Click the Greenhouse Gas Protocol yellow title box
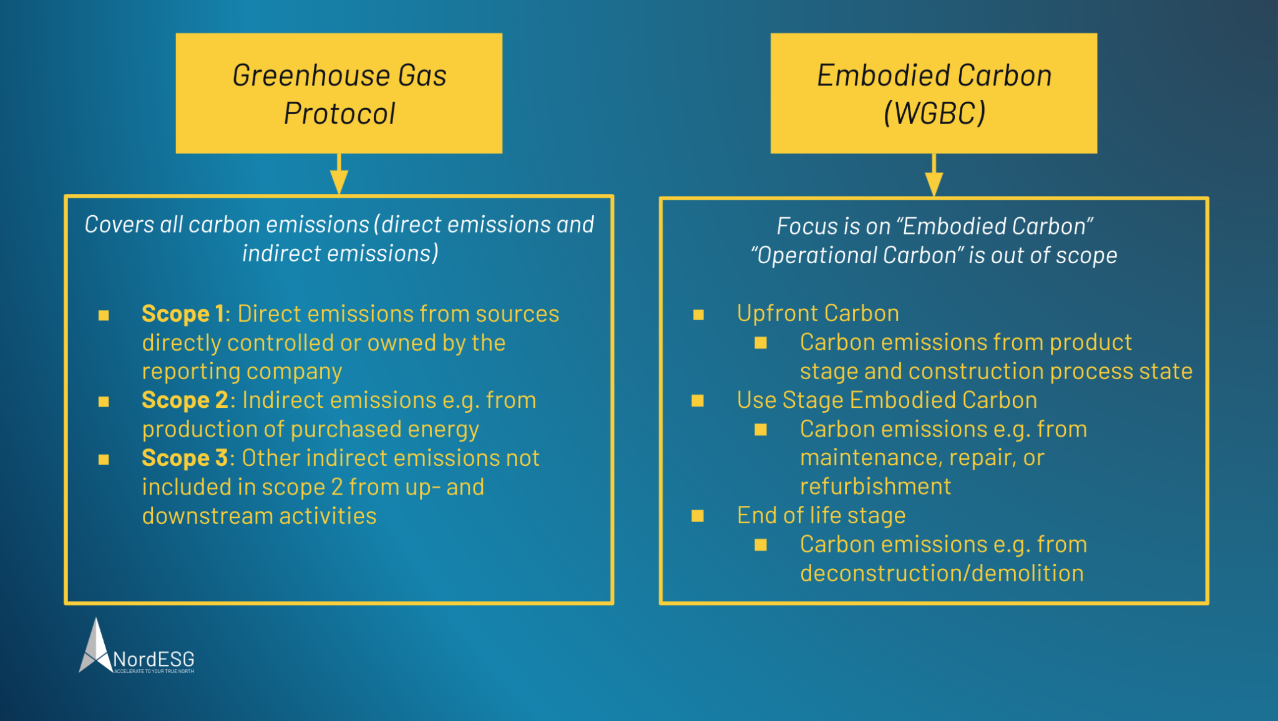(339, 94)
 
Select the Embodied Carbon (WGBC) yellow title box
(934, 94)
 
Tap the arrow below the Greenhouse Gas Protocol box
(339, 175)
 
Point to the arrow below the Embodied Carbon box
(934, 176)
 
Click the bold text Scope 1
(182, 314)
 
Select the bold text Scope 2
(185, 400)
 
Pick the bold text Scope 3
(185, 458)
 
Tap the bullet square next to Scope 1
(104, 315)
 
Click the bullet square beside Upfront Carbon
(698, 315)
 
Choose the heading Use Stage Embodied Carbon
(886, 400)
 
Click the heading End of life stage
(821, 516)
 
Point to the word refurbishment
(875, 486)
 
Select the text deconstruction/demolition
(941, 574)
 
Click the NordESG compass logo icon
(95, 649)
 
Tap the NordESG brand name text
(154, 659)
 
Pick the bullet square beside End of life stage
(698, 516)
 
